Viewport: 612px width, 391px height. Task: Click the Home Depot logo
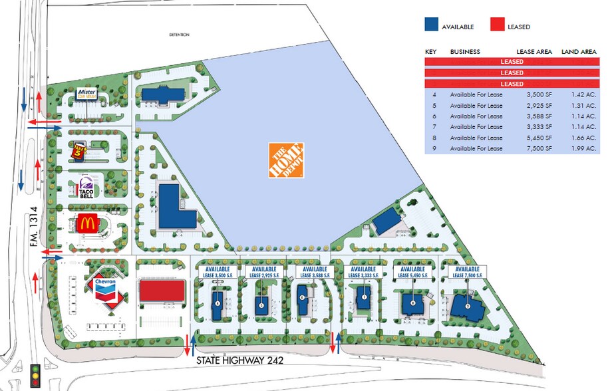coord(286,160)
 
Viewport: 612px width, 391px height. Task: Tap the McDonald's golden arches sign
coord(86,223)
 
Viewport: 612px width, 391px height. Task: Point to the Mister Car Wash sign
coord(88,93)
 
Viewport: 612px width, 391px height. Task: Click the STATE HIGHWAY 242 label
coord(241,360)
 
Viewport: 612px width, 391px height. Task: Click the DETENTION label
coord(179,34)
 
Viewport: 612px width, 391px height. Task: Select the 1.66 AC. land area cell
coord(581,138)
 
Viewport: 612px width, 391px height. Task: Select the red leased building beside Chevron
coord(162,291)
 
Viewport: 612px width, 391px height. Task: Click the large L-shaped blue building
coord(174,208)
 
